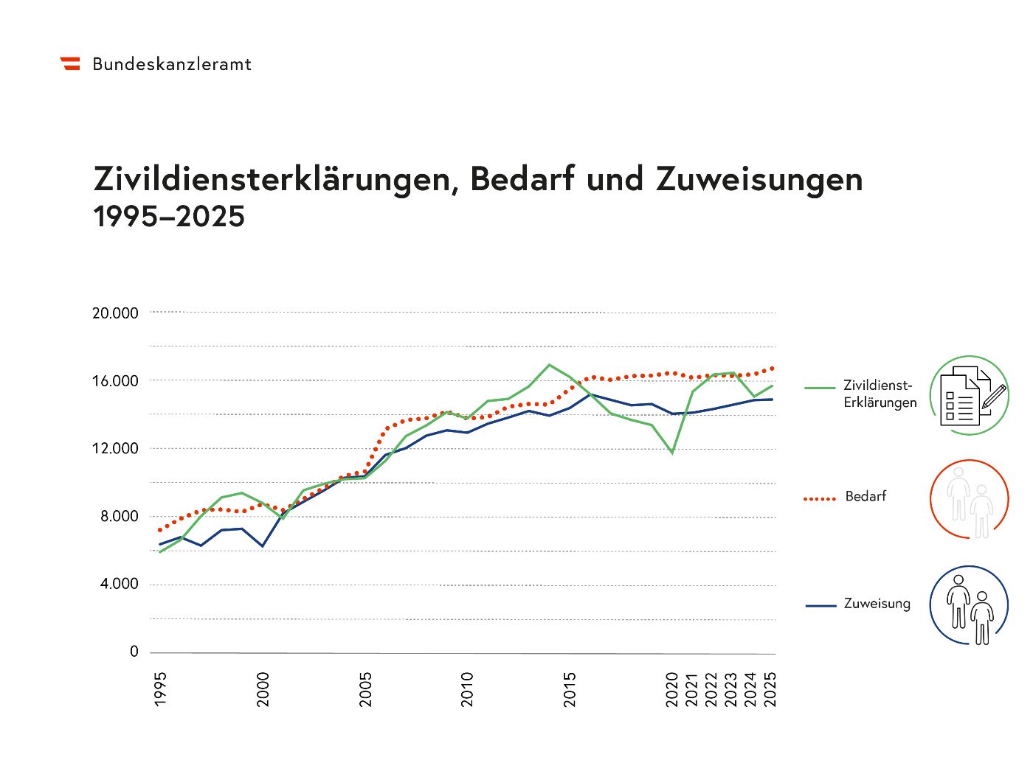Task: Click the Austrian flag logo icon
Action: pyautogui.click(x=70, y=63)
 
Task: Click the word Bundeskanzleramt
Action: pyautogui.click(x=172, y=64)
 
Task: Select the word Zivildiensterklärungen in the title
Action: pyautogui.click(x=272, y=179)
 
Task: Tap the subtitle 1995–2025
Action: pyautogui.click(x=169, y=217)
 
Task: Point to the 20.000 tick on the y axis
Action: pyautogui.click(x=115, y=313)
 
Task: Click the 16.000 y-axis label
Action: pyautogui.click(x=115, y=381)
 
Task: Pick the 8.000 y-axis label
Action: pyautogui.click(x=119, y=517)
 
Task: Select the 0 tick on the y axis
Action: pyautogui.click(x=134, y=652)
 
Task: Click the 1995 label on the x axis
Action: pyautogui.click(x=161, y=688)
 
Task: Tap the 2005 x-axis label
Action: pyautogui.click(x=366, y=688)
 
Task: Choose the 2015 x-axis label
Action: pyautogui.click(x=570, y=688)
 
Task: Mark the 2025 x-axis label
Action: pyautogui.click(x=770, y=688)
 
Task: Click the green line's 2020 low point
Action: pyautogui.click(x=672, y=453)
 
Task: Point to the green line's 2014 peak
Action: pyautogui.click(x=549, y=365)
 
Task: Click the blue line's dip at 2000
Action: pyautogui.click(x=262, y=546)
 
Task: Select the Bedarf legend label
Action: pyautogui.click(x=866, y=497)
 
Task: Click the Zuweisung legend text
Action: pyautogui.click(x=877, y=604)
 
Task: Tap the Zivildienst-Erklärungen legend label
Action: pyautogui.click(x=880, y=394)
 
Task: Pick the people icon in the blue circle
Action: pyautogui.click(x=969, y=606)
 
